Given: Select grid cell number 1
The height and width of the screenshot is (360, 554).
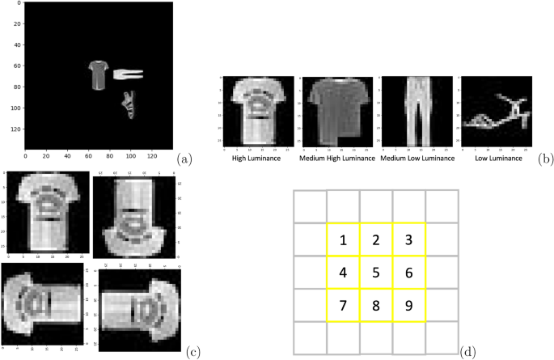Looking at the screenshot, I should click(x=343, y=239).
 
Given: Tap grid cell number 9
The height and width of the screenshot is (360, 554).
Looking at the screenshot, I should click(x=409, y=306).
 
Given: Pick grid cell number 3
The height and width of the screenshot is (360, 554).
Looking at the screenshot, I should click(x=409, y=239).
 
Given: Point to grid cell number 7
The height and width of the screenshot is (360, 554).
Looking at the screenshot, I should click(x=343, y=306).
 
